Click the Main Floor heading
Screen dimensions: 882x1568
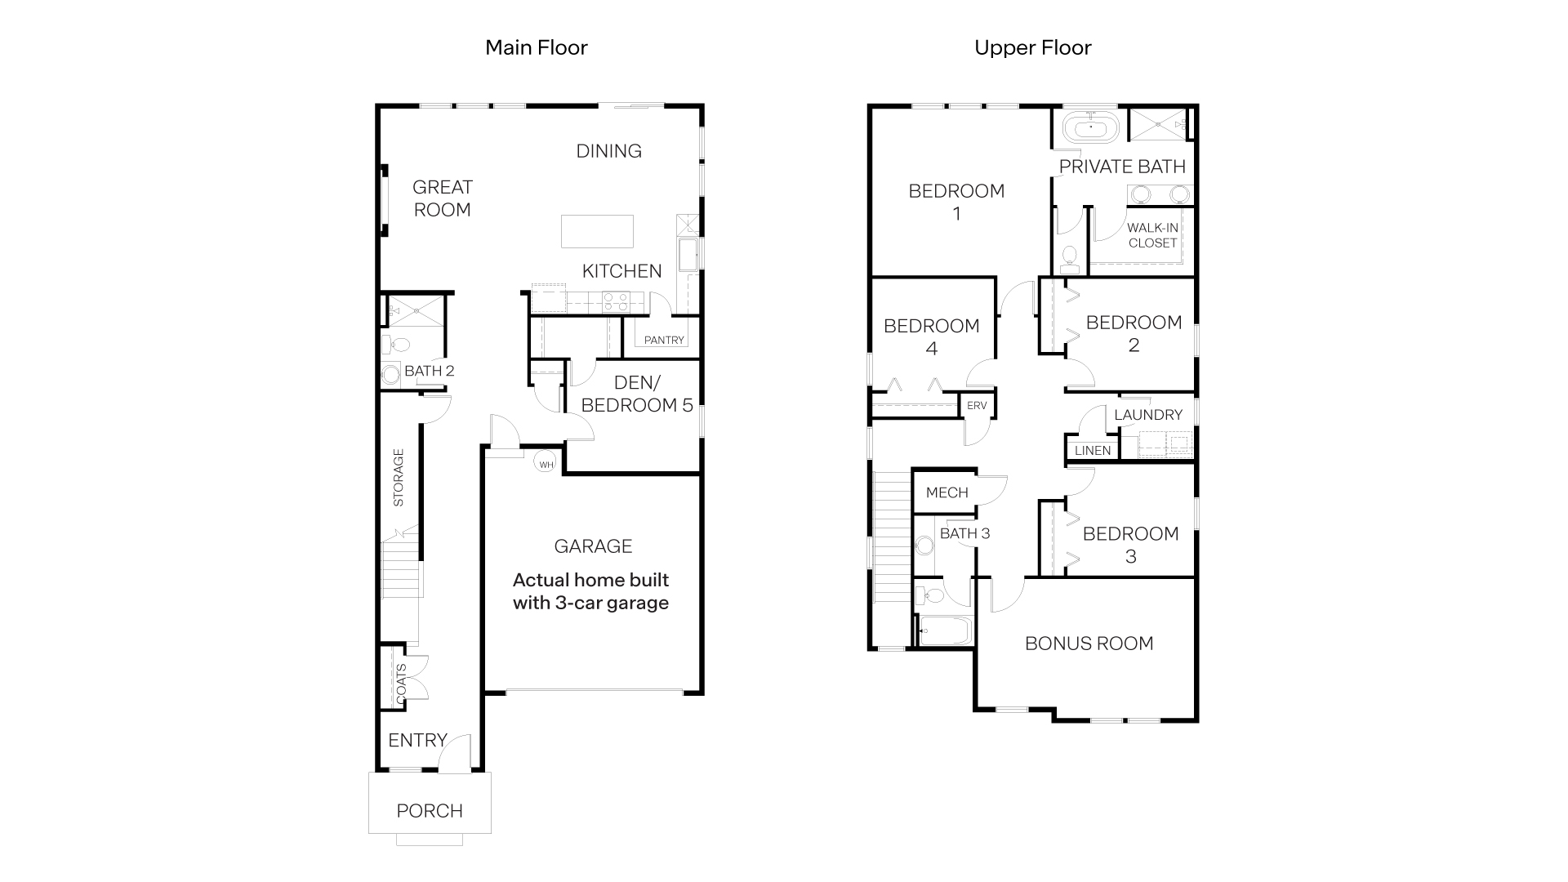[536, 47]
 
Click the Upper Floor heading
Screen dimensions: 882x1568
[1032, 47]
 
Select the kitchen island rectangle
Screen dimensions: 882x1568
[597, 231]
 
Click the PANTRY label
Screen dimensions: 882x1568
[663, 340]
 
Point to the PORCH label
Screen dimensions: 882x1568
[430, 811]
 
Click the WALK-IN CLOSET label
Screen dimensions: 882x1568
[1152, 235]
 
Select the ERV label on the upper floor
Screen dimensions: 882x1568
[977, 406]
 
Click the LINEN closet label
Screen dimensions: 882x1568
[1092, 450]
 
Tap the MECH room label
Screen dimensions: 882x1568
[947, 492]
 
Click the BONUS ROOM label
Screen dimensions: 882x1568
[1089, 644]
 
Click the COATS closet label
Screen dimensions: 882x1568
[401, 684]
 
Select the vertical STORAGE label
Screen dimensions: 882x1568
[399, 478]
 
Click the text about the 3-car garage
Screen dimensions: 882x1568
[590, 591]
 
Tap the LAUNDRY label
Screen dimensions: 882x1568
[1147, 415]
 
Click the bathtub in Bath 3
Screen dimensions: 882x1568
[944, 630]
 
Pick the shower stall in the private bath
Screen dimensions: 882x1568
[1158, 124]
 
